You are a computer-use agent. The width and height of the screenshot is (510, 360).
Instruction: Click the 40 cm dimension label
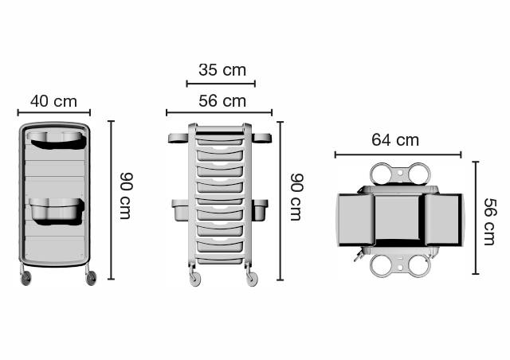pos(53,101)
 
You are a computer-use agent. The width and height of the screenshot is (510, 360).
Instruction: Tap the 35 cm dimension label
pos(222,70)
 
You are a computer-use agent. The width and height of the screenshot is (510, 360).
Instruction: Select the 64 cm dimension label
pos(395,140)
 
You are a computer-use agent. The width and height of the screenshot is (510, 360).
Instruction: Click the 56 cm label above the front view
pos(222,101)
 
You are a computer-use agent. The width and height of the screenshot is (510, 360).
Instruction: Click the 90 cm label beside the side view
pos(126,196)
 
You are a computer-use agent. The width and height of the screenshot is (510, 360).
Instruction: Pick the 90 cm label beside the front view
pos(296,197)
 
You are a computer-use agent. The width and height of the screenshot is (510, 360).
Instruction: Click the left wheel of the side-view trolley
pos(25,279)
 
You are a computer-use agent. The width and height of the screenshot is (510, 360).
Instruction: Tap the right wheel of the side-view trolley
pos(91,279)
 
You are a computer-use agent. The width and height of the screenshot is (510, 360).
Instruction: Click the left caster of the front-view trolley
pos(195,280)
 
